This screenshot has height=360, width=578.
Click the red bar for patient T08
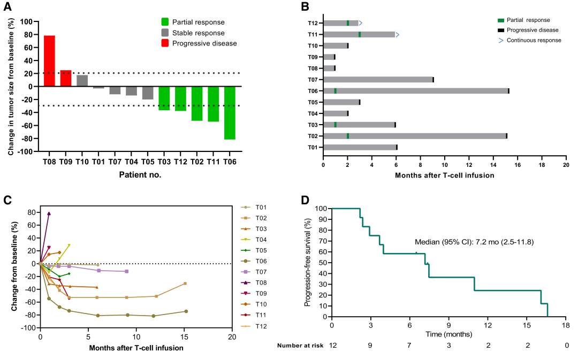[x=49, y=60]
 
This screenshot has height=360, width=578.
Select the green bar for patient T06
[x=230, y=113]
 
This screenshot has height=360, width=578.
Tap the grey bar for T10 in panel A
[x=82, y=81]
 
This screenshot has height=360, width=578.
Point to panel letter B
[x=305, y=6]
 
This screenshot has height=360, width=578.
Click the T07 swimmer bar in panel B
[x=378, y=80]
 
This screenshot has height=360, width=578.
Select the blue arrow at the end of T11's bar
[x=397, y=35]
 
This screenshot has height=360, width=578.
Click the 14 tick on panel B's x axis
[x=493, y=159]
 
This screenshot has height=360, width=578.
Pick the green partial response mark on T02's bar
[x=348, y=136]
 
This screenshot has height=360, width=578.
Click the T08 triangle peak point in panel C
[x=49, y=213]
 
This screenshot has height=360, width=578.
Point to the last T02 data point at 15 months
[x=185, y=284]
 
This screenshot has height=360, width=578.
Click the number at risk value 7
[x=409, y=346]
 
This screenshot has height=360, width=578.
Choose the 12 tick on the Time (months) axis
[x=488, y=325]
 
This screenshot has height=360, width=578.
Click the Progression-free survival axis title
[x=307, y=262]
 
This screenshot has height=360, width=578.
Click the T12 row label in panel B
[x=313, y=24]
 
